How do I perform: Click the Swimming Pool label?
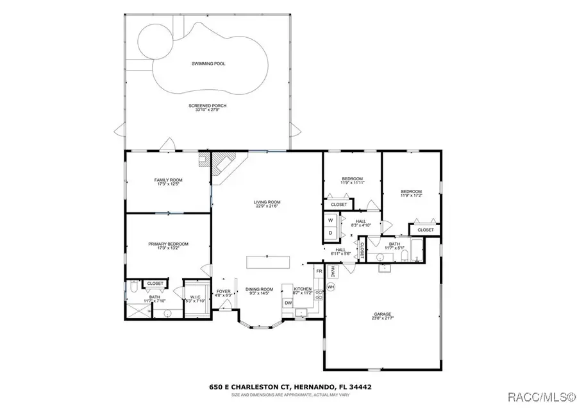click(x=208, y=64)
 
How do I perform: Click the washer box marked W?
click(x=330, y=220)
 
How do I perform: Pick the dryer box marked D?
click(x=330, y=232)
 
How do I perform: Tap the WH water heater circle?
click(x=331, y=287)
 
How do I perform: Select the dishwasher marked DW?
click(x=288, y=303)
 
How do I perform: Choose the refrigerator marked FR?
click(x=319, y=272)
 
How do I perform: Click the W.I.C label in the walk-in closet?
click(x=196, y=297)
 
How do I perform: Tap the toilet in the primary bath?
click(x=132, y=288)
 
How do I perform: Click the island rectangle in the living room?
click(x=268, y=262)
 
